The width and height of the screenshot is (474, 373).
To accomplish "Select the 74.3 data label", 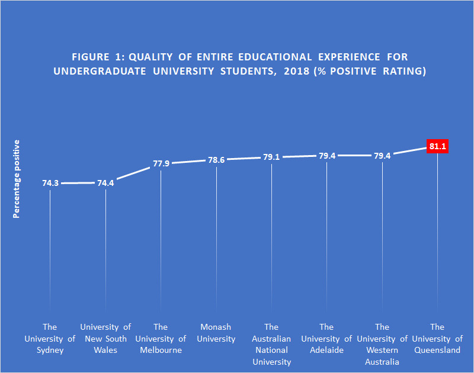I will (50, 184).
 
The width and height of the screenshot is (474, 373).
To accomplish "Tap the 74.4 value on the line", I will (105, 183).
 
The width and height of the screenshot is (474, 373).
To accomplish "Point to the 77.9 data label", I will (161, 163).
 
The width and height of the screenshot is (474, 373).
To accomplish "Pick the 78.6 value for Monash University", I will (216, 160).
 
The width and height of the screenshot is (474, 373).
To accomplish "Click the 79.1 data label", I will (271, 157).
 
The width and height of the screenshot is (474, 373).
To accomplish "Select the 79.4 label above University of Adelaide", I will (326, 156).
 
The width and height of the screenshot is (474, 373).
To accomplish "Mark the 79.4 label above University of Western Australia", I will (382, 156).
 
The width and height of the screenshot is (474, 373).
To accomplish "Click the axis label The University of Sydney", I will (50, 339).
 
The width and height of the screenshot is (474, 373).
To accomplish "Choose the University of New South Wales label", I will (105, 339).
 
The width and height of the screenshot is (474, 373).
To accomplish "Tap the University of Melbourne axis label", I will (161, 339).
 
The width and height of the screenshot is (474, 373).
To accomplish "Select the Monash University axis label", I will (216, 333).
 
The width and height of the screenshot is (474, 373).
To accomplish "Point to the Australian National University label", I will (271, 344).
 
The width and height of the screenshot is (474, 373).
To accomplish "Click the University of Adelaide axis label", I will (326, 339).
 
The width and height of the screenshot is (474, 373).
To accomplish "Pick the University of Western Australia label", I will (382, 344).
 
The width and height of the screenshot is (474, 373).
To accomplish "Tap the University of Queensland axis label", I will (437, 339).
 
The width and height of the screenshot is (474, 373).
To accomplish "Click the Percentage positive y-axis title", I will (17, 179).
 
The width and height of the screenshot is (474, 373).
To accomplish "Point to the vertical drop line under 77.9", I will (161, 237).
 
